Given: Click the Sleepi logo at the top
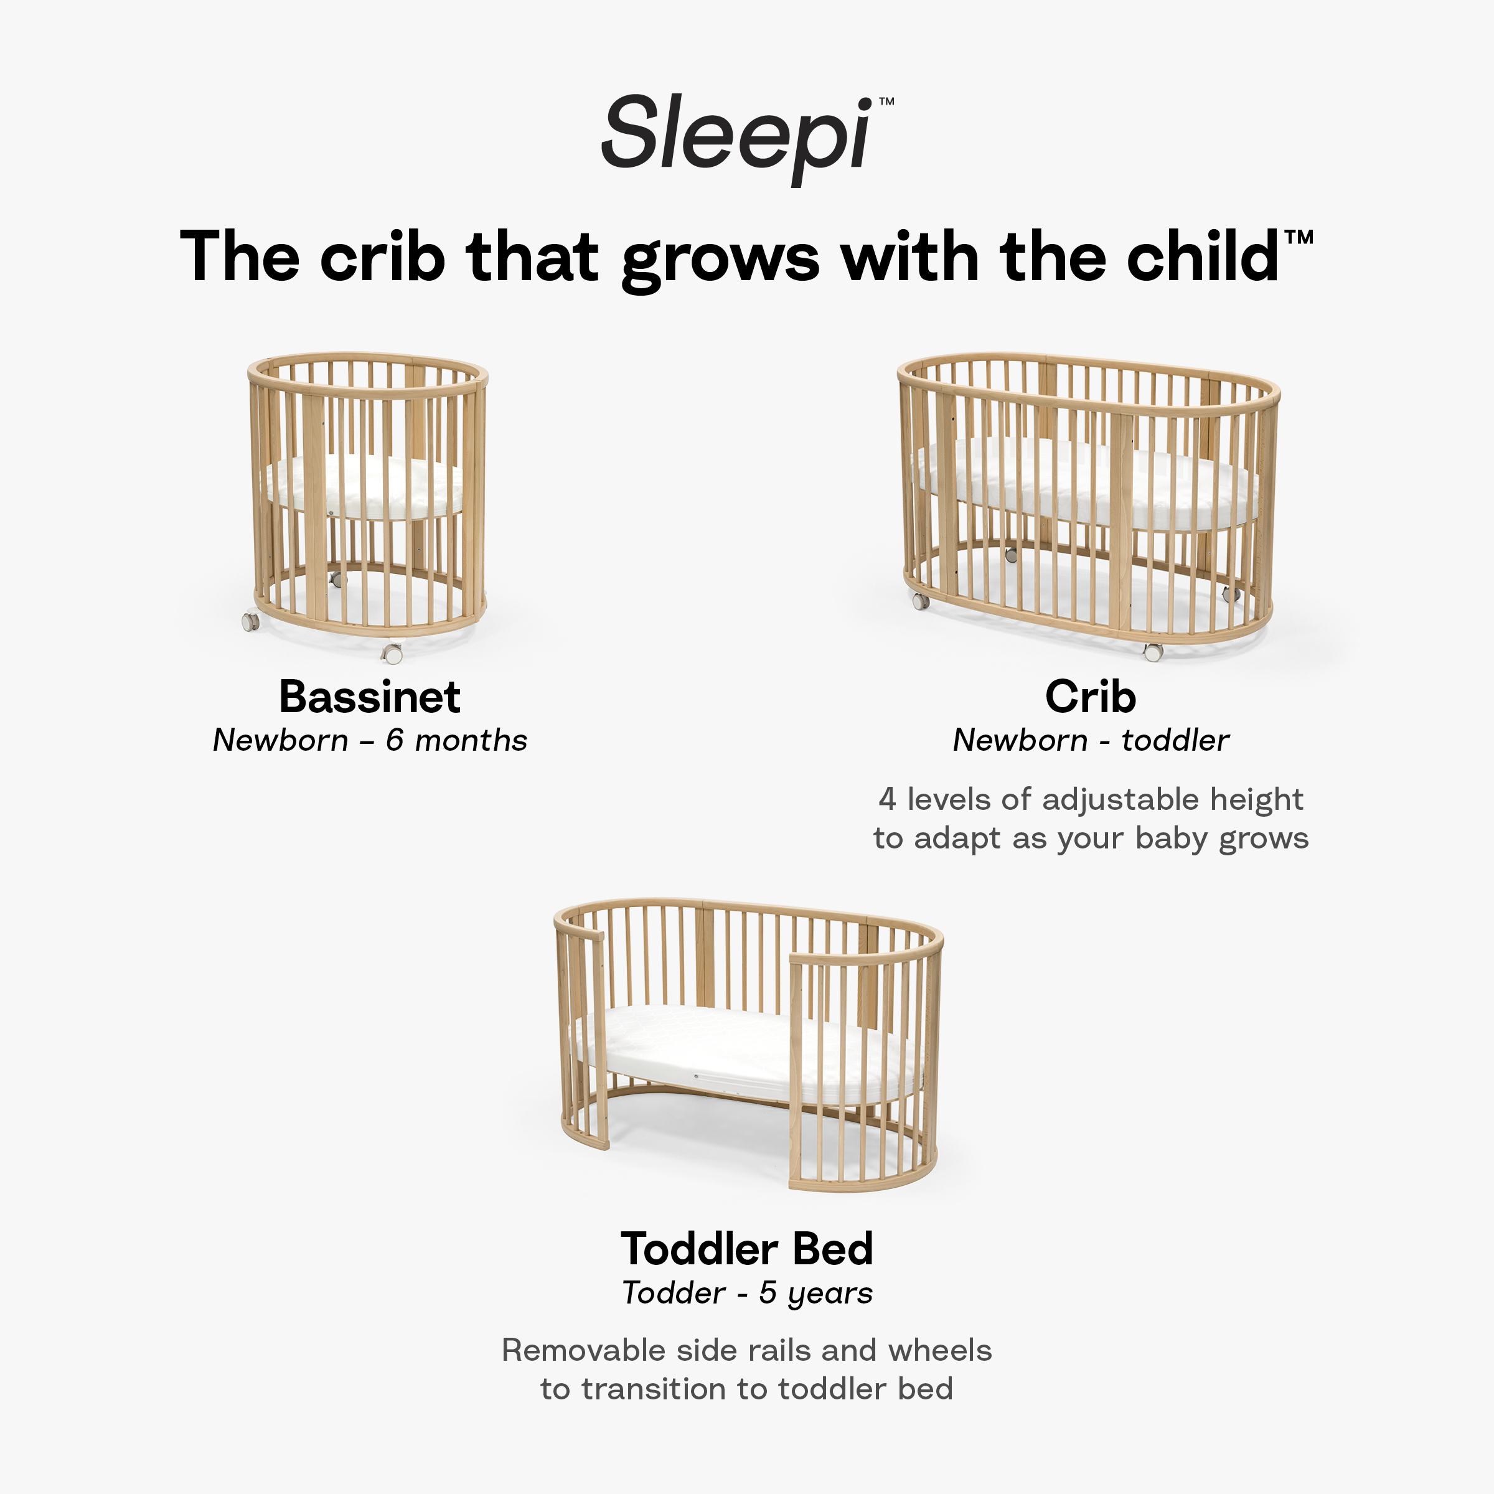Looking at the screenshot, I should (x=738, y=134).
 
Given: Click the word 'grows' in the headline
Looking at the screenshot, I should (x=720, y=258).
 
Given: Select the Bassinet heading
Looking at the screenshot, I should (x=370, y=697).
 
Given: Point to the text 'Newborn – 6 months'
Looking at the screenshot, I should (x=370, y=741).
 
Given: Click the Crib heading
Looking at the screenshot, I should (x=1091, y=697).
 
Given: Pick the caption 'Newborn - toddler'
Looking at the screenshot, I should (x=1091, y=741).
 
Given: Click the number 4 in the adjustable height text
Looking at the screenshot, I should (x=887, y=799).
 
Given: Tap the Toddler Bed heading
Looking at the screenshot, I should (x=747, y=1249).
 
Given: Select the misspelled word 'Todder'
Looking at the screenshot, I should (x=674, y=1293).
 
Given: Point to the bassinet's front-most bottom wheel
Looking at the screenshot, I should (x=393, y=654).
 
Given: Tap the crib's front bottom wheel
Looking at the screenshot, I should (x=1153, y=652).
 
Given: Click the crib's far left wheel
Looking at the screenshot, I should (x=920, y=600).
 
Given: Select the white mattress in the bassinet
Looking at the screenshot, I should (x=364, y=487).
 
